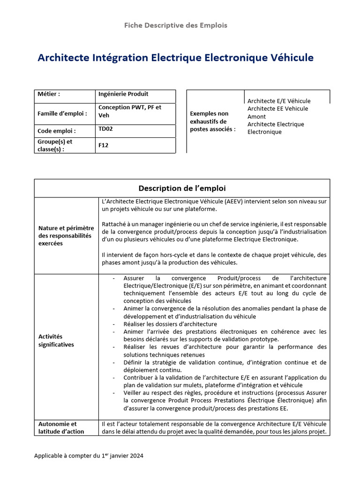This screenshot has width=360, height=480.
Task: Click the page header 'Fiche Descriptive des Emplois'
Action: [x=175, y=25]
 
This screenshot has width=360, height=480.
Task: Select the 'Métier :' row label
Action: [x=49, y=94]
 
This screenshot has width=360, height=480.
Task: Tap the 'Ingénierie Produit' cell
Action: [x=123, y=94]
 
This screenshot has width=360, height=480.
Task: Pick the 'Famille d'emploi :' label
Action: [x=62, y=113]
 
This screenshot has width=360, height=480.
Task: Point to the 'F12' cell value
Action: [x=103, y=145]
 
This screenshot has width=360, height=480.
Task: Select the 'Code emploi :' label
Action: [x=57, y=131]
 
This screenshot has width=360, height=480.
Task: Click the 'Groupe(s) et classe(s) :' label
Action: [x=55, y=145]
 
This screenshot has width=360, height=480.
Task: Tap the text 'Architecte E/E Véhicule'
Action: [x=279, y=101]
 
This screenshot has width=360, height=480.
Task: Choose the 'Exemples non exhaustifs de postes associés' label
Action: [x=213, y=121]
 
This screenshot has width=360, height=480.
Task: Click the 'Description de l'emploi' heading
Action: [x=182, y=188]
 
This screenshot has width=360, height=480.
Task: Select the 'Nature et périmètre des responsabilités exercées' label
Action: [x=66, y=236]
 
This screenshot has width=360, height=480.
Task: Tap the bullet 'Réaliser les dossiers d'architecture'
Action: [x=170, y=324]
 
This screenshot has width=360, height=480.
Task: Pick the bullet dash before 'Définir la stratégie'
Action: [x=115, y=362]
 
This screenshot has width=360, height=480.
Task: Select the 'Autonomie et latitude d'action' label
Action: [x=61, y=427]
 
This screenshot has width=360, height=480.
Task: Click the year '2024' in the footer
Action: [x=136, y=456]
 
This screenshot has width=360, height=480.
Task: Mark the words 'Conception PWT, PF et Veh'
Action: [x=129, y=111]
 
